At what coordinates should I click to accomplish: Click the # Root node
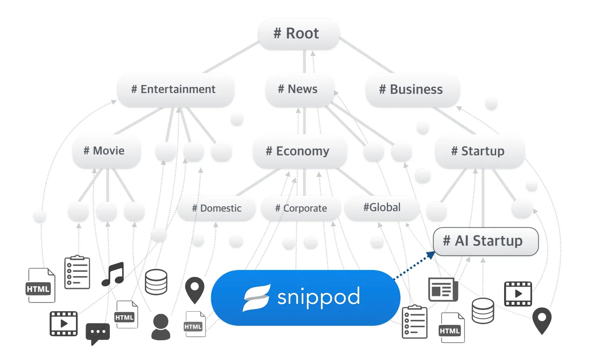[299, 34]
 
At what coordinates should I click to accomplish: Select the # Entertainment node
[176, 90]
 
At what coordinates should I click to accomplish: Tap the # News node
[300, 90]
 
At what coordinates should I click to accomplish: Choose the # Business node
[412, 90]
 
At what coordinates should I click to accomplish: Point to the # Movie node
[106, 151]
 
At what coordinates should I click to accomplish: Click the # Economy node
[299, 151]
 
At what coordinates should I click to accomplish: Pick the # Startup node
[479, 151]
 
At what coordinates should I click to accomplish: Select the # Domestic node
[216, 209]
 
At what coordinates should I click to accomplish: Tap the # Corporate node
[301, 209]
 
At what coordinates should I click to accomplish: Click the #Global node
[382, 208]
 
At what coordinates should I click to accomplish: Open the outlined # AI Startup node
[486, 241]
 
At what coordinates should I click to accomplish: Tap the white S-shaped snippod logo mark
[256, 298]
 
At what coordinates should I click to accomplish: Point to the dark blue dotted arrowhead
[431, 255]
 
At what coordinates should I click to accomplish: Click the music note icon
[113, 274]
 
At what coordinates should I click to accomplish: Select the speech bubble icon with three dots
[97, 334]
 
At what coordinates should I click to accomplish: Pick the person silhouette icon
[161, 327]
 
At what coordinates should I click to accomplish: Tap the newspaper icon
[443, 289]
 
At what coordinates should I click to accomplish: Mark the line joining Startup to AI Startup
[483, 198]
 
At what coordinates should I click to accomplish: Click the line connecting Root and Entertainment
[231, 57]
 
